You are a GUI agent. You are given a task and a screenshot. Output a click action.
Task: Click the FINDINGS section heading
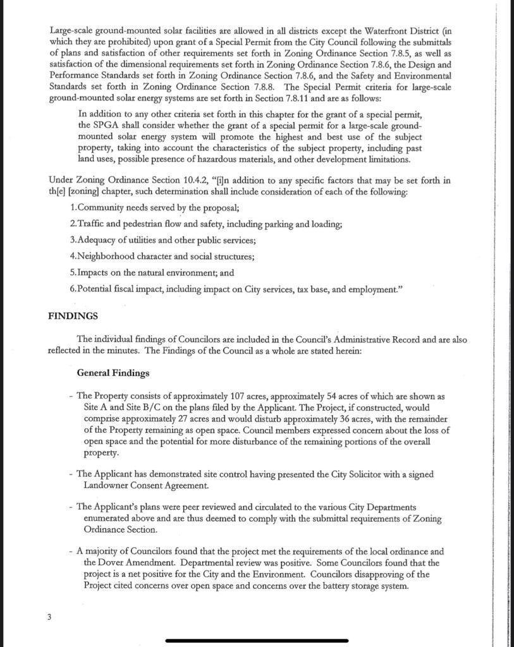(73, 315)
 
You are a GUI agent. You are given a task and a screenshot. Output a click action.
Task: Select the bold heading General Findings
(113, 373)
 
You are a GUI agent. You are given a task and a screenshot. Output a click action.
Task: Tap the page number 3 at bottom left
(49, 617)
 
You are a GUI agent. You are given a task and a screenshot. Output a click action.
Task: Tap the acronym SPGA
(89, 125)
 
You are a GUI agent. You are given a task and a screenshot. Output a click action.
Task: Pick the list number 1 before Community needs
(73, 208)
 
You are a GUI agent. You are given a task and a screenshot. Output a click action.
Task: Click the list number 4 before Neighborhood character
(73, 257)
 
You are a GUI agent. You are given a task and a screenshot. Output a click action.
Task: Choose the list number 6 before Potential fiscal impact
(73, 289)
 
